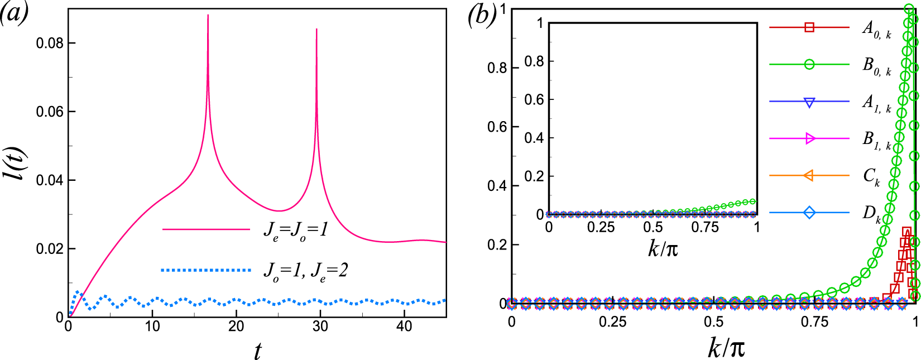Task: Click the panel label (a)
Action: [14, 13]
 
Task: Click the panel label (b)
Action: [482, 15]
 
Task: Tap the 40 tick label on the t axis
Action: [404, 327]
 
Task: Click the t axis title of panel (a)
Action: [257, 351]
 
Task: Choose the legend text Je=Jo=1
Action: [296, 229]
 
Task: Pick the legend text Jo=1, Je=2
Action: [305, 271]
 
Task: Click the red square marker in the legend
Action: [809, 27]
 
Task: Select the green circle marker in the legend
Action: [809, 64]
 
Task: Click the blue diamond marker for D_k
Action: [809, 213]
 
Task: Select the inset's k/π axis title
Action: [663, 248]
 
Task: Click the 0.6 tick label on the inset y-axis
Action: [534, 99]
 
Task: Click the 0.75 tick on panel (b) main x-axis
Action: [814, 322]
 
